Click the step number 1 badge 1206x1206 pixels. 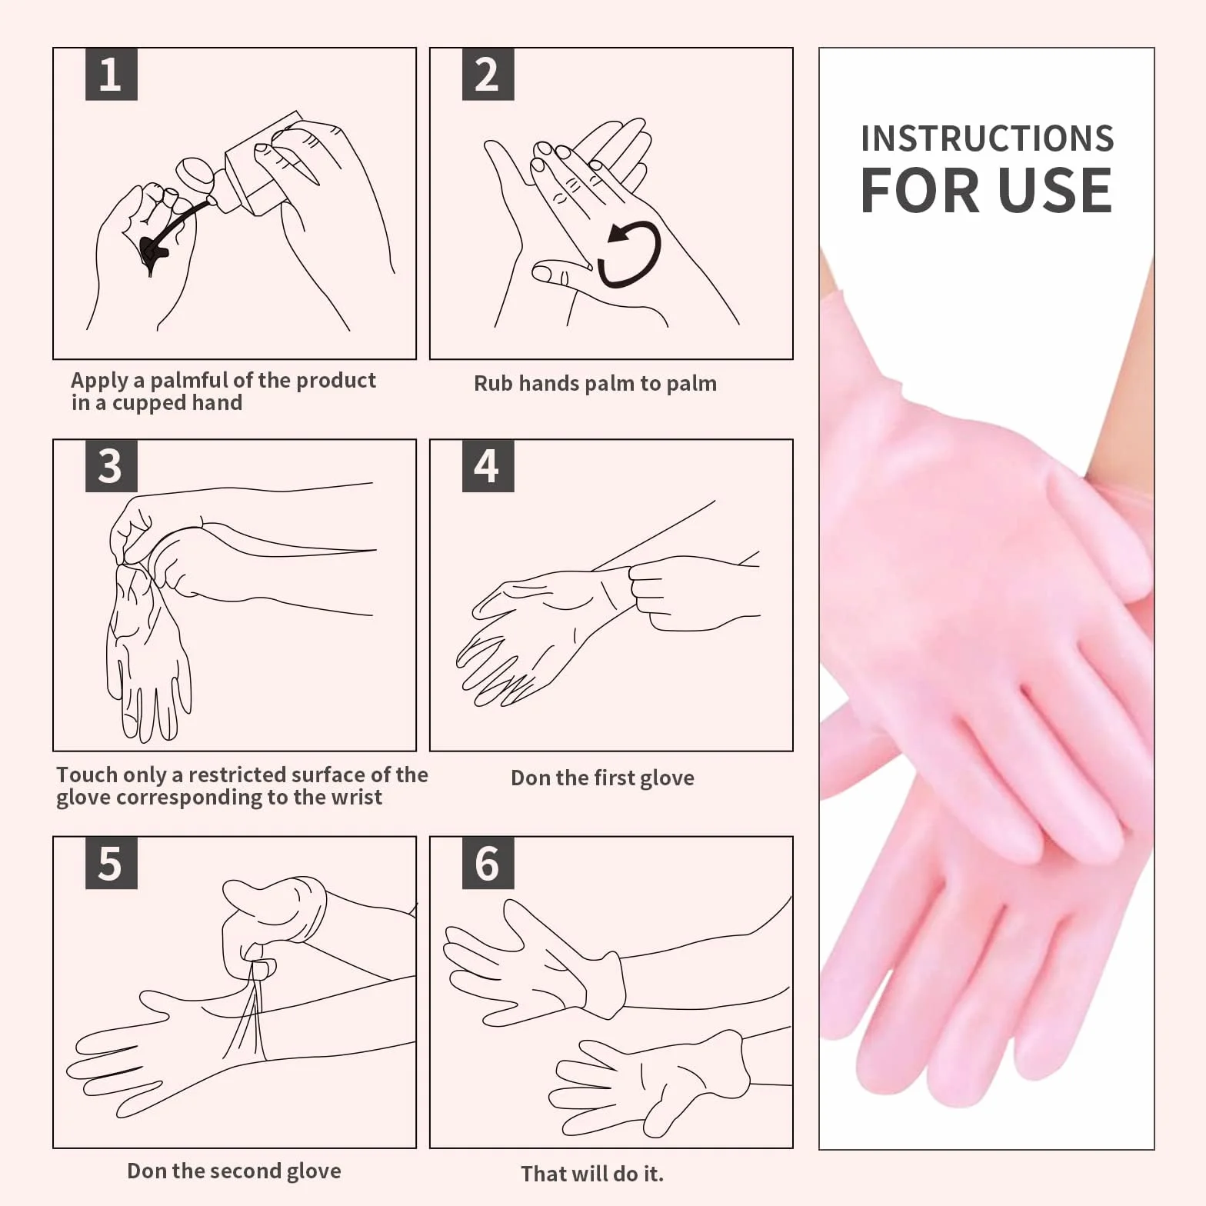tap(111, 74)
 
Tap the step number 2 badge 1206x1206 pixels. tap(488, 74)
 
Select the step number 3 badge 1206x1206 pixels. tap(111, 465)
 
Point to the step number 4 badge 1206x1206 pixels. tap(488, 465)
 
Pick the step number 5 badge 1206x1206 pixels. tap(111, 863)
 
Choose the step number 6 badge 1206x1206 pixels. tap(488, 863)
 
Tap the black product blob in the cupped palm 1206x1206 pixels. tap(155, 254)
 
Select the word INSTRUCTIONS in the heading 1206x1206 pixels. tap(987, 139)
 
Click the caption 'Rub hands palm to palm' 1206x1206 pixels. tap(595, 383)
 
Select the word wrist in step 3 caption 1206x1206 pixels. tap(356, 797)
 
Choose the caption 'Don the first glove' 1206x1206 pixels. tap(602, 778)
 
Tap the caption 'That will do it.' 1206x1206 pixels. tap(591, 1174)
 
